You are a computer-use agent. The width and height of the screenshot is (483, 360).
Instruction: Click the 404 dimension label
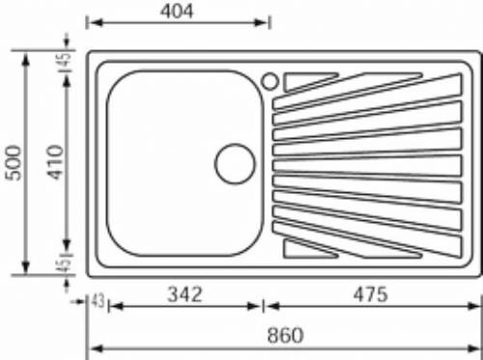[x=177, y=12]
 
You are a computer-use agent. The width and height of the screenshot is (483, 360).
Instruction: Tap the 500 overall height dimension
[x=14, y=163]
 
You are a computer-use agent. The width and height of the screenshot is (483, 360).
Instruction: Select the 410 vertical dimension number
[x=55, y=162]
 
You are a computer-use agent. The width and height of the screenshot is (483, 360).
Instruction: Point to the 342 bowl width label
[x=185, y=294]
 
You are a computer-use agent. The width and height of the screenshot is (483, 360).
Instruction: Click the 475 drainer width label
[x=370, y=294]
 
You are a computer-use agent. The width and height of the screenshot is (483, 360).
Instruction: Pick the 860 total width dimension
[x=285, y=335]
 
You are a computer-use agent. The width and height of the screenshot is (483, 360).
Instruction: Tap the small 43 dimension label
[x=98, y=301]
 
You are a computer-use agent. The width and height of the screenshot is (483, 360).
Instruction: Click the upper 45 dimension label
[x=65, y=59]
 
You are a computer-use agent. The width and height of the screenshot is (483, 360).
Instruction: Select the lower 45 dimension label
[x=65, y=265]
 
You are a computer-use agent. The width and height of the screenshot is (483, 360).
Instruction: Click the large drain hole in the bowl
[x=235, y=164]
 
